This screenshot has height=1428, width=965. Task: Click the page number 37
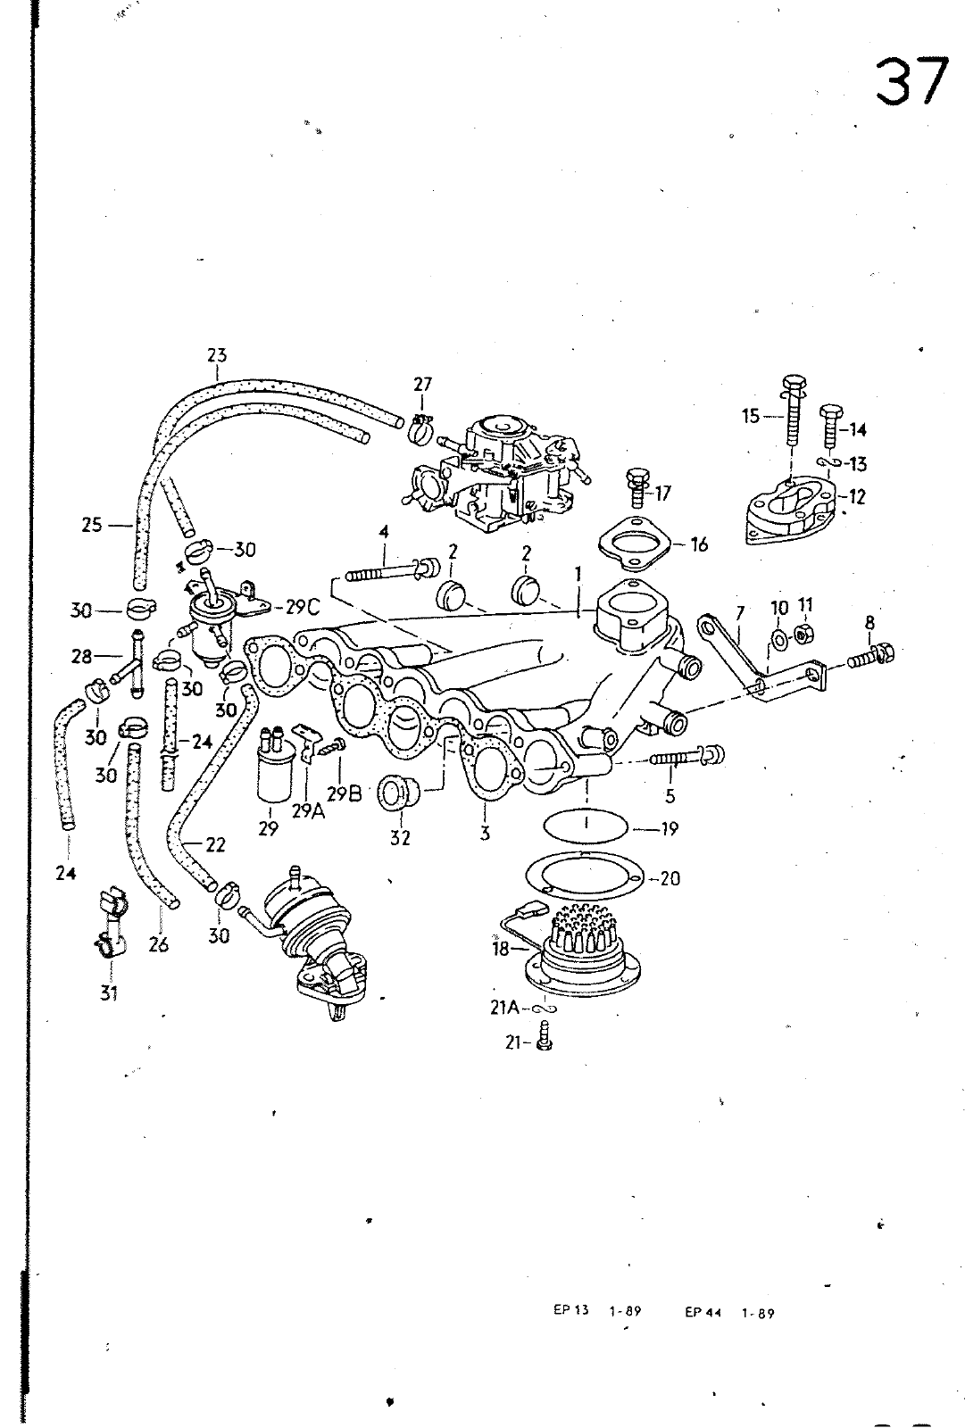(x=911, y=83)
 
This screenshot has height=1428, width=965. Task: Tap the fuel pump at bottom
(x=317, y=942)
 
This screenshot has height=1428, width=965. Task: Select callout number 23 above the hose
(x=217, y=355)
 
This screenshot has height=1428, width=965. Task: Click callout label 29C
(x=303, y=608)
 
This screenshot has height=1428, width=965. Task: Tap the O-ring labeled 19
(x=586, y=825)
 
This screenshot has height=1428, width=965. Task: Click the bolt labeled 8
(x=870, y=657)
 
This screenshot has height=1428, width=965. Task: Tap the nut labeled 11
(x=803, y=633)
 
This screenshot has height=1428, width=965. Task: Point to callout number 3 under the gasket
(x=485, y=834)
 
